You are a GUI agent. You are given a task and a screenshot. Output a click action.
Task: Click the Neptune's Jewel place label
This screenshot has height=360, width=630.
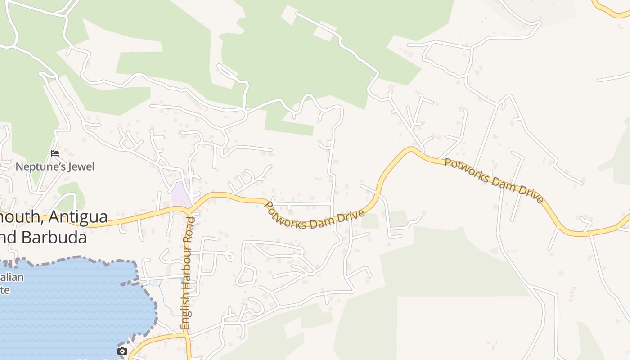point(55,167)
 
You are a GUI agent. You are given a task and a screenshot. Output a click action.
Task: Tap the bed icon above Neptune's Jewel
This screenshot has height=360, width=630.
point(55,153)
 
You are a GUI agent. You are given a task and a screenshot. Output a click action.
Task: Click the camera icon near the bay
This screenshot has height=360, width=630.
point(122,351)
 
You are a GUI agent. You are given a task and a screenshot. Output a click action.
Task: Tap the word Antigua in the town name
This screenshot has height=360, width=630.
point(78,217)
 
